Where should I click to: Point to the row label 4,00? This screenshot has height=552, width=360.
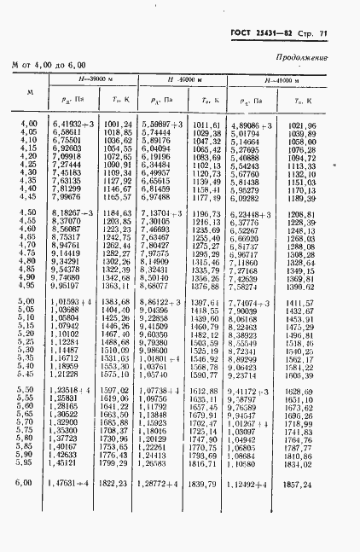tap(28, 125)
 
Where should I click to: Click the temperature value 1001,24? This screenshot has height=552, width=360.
tap(118, 125)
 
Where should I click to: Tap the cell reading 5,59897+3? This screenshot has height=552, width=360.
tap(161, 125)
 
